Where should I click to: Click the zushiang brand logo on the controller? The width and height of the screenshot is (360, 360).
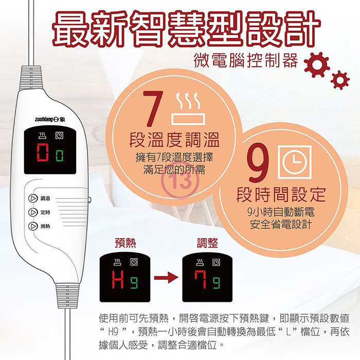tap(50, 119)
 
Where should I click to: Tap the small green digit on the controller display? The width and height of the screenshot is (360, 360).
tap(59, 156)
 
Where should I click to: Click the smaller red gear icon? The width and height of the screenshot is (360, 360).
tap(340, 80)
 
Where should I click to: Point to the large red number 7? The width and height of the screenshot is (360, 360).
tap(153, 109)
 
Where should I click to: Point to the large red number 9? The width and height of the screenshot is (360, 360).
tap(258, 163)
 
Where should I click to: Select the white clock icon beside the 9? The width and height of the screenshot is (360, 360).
tap(295, 162)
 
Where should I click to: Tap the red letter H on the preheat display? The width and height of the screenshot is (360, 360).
tap(118, 279)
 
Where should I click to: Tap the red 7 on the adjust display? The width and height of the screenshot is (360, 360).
tap(201, 279)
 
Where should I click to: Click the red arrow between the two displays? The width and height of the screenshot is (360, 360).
tap(166, 278)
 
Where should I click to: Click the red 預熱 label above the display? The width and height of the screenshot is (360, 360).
tap(125, 243)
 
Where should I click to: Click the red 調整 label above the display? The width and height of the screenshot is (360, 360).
tap(208, 243)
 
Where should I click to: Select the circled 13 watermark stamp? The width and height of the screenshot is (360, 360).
tap(181, 181)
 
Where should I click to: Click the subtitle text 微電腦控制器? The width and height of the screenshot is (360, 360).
tap(246, 60)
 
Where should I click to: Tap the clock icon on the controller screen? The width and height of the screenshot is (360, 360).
tap(60, 136)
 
